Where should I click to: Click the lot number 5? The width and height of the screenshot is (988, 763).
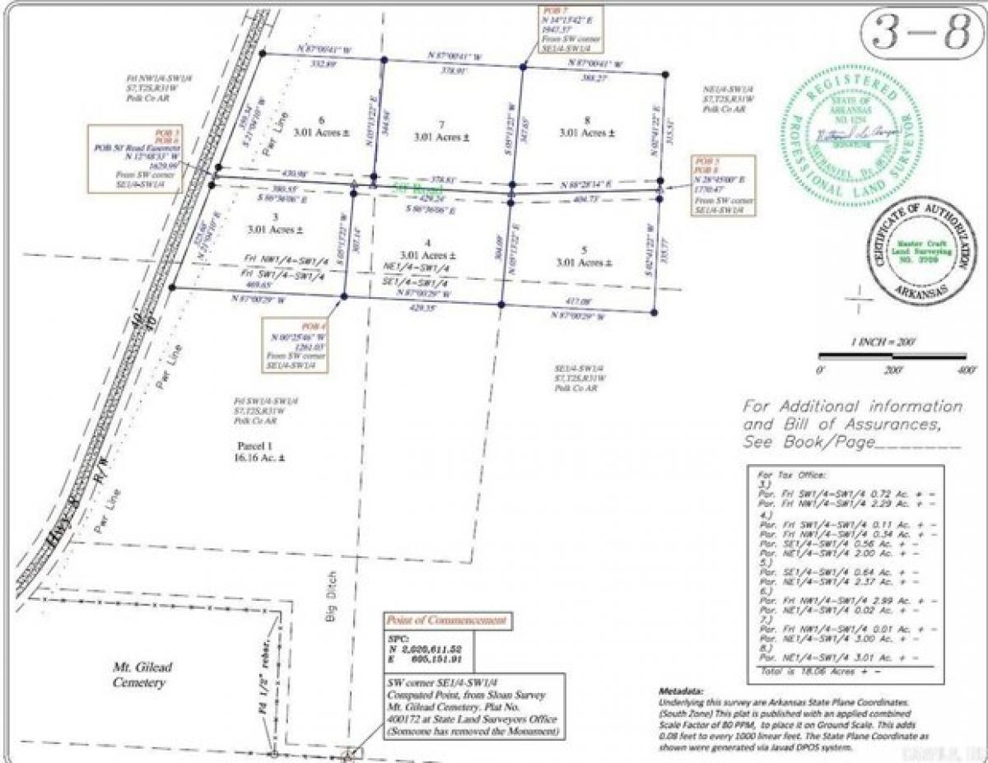[x=585, y=250]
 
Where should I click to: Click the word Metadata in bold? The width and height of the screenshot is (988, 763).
[x=680, y=691]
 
